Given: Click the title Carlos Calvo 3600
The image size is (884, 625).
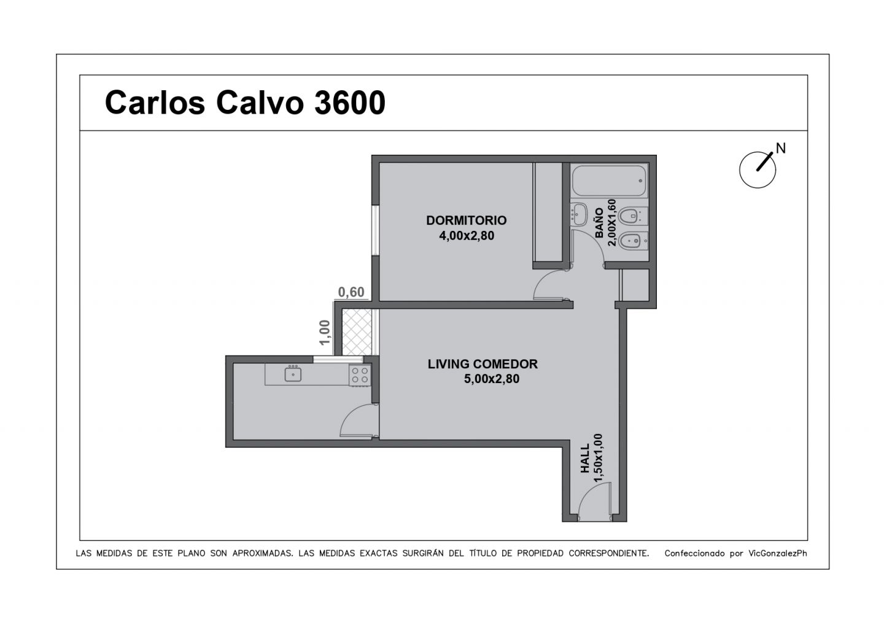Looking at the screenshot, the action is (x=245, y=103).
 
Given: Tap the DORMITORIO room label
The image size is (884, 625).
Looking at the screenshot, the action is (x=467, y=220).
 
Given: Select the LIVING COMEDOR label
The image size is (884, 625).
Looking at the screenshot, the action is (x=483, y=364).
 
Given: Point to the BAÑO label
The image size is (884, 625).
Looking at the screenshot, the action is (x=599, y=223).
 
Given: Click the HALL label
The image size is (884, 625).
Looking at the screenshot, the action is (x=585, y=458).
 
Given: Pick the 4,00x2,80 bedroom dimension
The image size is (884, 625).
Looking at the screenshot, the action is (x=467, y=236).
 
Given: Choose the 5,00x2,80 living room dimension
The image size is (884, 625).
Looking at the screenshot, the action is (x=492, y=379).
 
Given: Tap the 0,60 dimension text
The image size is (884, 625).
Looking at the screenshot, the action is (x=351, y=292).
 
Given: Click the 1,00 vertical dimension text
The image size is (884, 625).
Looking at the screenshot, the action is (x=324, y=333).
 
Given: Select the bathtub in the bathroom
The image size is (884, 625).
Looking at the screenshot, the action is (x=609, y=181).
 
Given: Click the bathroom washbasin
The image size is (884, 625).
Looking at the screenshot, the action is (x=579, y=214).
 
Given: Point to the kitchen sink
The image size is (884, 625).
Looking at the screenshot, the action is (x=293, y=374).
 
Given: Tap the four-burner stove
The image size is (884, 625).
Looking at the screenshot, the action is (x=360, y=375).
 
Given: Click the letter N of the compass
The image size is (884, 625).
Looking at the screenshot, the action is (x=781, y=148).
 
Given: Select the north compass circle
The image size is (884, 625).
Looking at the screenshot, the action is (x=758, y=170).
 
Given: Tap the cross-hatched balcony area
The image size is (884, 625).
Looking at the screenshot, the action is (x=357, y=332).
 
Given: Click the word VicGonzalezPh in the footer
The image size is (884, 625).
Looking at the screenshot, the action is (x=777, y=554).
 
